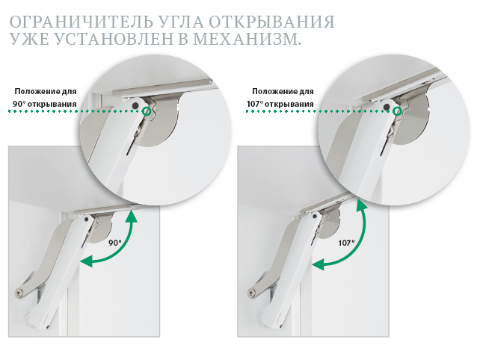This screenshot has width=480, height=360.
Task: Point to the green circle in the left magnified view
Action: (147, 111)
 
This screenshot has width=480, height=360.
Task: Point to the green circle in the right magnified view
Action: (397, 111)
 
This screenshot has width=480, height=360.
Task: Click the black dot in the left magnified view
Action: (135, 105)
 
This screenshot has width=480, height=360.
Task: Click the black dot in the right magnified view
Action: (387, 107)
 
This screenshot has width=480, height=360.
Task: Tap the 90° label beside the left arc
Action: (115, 243)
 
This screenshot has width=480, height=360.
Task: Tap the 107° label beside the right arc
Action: (346, 243)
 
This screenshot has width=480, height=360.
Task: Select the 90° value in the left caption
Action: (19, 104)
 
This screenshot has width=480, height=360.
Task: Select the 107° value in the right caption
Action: (255, 104)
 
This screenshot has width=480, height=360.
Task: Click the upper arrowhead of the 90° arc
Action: (132, 215)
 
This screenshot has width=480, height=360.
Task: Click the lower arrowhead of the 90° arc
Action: (87, 261)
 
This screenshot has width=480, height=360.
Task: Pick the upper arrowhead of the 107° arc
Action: (361, 205)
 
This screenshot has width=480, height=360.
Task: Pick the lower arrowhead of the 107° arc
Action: (318, 264)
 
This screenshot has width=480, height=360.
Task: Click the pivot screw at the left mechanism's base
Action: (19, 292)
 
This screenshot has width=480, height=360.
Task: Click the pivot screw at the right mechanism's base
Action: (251, 293)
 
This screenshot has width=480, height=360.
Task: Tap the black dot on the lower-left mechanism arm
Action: (87, 219)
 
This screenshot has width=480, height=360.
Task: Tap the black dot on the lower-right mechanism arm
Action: (314, 217)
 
